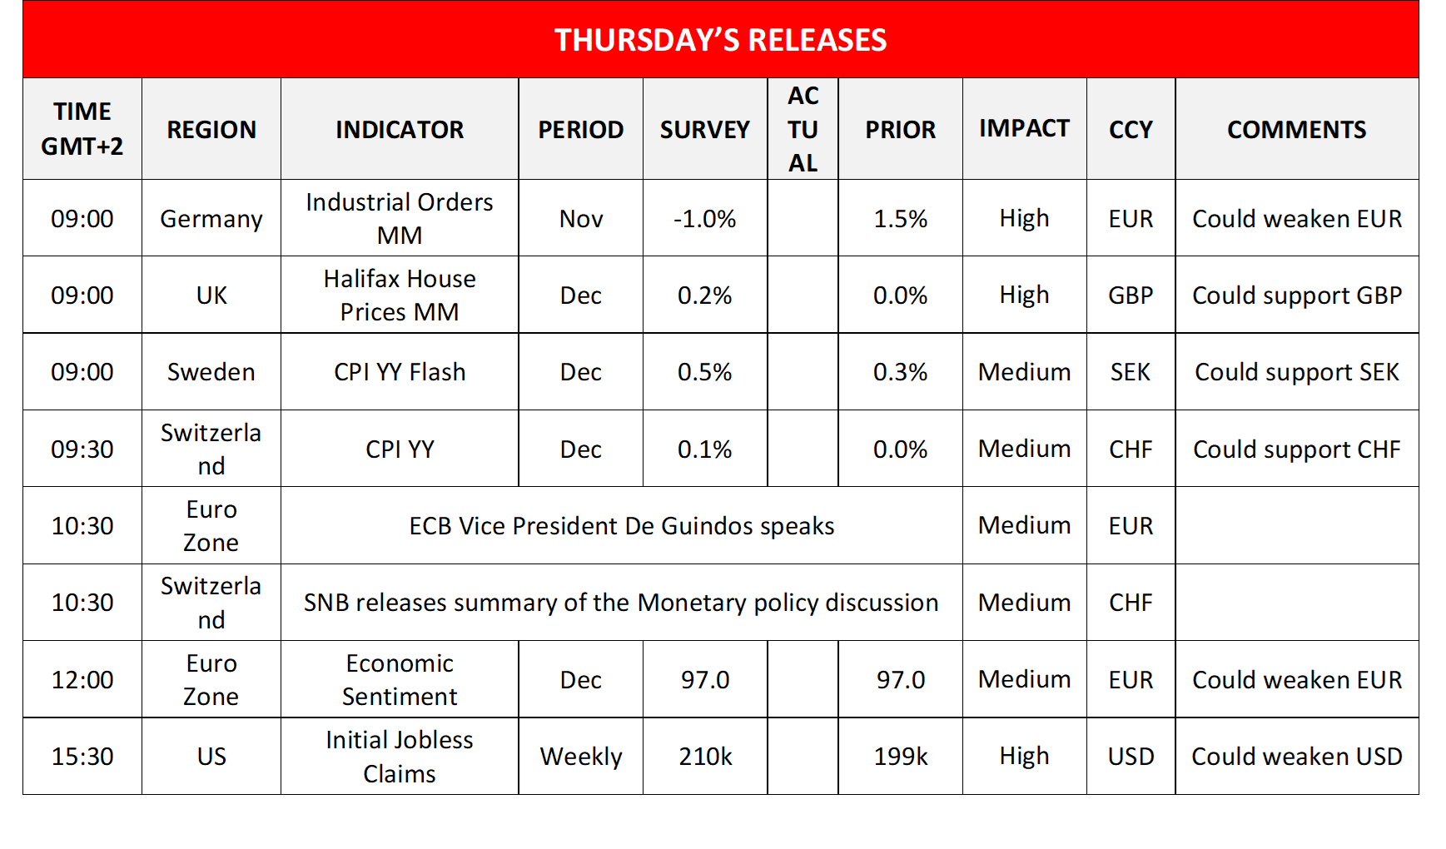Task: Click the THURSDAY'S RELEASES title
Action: click(x=721, y=40)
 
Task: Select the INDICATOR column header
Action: click(x=400, y=130)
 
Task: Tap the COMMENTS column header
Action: click(x=1296, y=130)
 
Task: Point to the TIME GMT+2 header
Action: click(x=82, y=129)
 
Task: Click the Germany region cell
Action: click(x=211, y=219)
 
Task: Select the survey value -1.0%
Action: click(x=705, y=219)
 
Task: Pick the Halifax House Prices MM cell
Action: click(x=400, y=295)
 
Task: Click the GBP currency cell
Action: click(x=1130, y=295)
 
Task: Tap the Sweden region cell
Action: click(x=211, y=372)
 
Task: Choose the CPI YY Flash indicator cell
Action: click(x=400, y=372)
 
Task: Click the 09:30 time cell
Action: click(x=82, y=449)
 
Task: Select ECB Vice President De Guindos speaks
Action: click(x=621, y=526)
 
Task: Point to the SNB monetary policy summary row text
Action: click(x=621, y=603)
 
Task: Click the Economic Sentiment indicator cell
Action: click(x=400, y=680)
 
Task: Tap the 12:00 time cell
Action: click(x=82, y=680)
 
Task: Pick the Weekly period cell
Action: click(x=581, y=757)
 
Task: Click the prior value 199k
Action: click(x=901, y=757)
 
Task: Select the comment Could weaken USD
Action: click(x=1296, y=757)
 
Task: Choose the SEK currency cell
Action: click(x=1130, y=372)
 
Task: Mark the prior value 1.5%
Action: click(x=901, y=219)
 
